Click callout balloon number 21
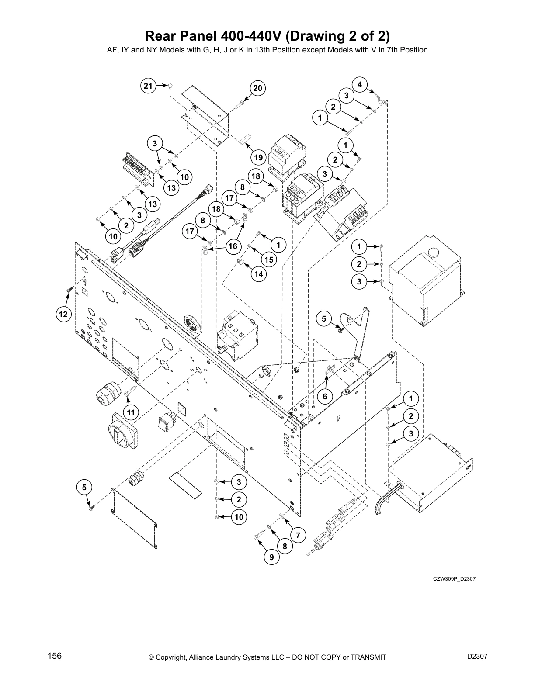149,86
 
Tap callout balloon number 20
258,89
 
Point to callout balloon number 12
63,314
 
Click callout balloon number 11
130,412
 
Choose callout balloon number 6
325,397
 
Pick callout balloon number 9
271,557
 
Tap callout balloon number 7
298,535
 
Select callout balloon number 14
259,274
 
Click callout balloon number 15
268,259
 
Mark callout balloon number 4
359,84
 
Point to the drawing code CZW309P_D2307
454,579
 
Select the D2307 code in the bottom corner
477,656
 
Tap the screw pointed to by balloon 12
69,289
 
